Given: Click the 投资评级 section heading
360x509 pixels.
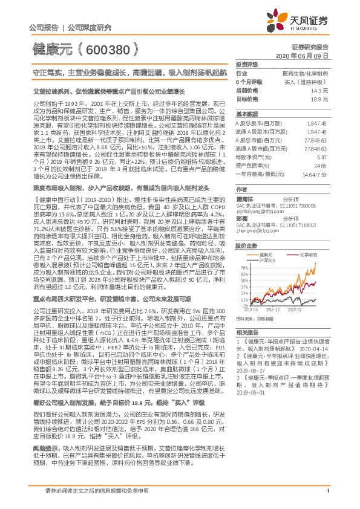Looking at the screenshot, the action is (x=247, y=63).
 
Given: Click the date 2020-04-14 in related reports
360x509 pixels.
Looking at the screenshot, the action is (x=310, y=349).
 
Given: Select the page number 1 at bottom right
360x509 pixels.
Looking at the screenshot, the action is (x=327, y=498).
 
